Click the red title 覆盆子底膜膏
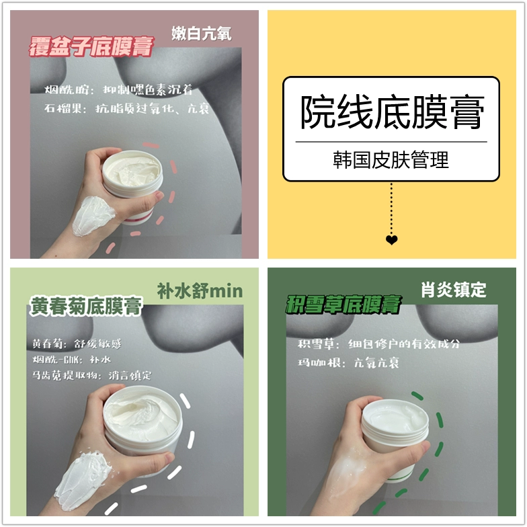(x=91, y=46)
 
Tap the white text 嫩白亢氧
(x=202, y=34)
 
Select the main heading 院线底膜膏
(x=392, y=112)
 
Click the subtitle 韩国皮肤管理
(x=391, y=160)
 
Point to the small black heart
(x=391, y=239)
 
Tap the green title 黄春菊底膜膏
(x=86, y=307)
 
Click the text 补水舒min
(x=200, y=290)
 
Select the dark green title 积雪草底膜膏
(x=343, y=305)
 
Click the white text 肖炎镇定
(x=453, y=290)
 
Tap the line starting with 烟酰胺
(x=118, y=90)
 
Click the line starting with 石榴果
(x=126, y=109)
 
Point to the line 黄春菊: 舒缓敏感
(x=77, y=344)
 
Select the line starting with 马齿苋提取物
(x=91, y=375)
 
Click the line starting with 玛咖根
(x=348, y=363)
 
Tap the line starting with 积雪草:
(x=378, y=344)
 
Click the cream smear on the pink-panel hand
(x=93, y=215)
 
